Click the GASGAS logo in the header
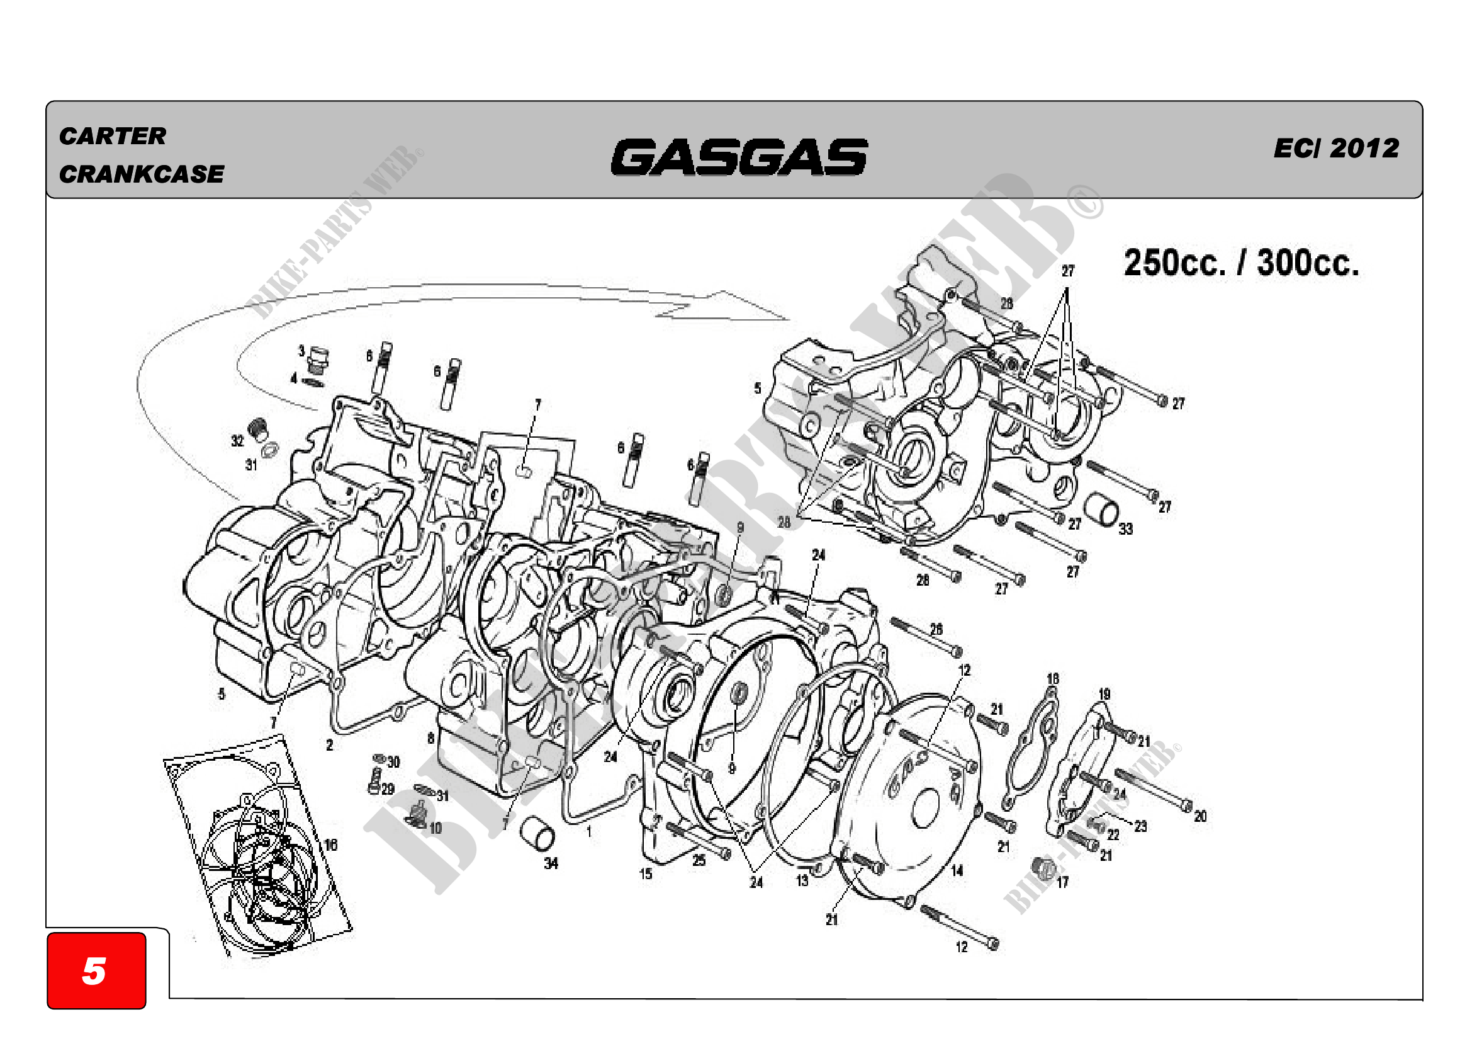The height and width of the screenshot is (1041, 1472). pos(739,157)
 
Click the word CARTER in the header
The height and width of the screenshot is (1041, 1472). pos(112,136)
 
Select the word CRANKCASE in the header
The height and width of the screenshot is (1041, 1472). pos(142,174)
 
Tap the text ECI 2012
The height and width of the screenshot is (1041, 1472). pos(1336,148)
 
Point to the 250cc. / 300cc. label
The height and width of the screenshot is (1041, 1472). pos(1241,263)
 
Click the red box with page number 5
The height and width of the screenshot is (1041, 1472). pos(96,970)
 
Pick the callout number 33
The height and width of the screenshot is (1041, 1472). pos(1126,528)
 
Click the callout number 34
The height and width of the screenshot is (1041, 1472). pos(551,863)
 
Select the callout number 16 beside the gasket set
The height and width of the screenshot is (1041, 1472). pos(330,845)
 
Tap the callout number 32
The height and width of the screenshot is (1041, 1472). pos(237,441)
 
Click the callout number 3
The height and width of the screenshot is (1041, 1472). pos(301,351)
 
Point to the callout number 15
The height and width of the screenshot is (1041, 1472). pos(646,873)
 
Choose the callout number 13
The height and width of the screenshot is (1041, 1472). pos(802,880)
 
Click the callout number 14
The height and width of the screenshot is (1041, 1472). pos(957,870)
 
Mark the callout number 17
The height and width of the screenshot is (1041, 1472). pos(1063,882)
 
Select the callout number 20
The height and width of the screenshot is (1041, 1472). pos(1200,816)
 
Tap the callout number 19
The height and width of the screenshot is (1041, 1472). pos(1104,694)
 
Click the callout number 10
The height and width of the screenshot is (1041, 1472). pos(435,828)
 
